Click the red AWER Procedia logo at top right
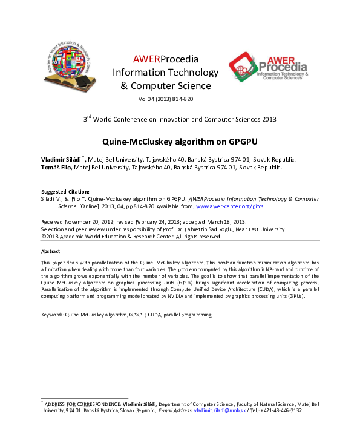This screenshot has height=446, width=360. tap(267, 68)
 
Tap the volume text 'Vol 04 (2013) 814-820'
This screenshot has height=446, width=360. tap(166, 99)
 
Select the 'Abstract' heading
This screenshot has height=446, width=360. tap(51, 251)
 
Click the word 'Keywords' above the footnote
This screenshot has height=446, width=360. tap(52, 315)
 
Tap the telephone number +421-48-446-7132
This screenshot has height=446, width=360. tap(281, 410)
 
